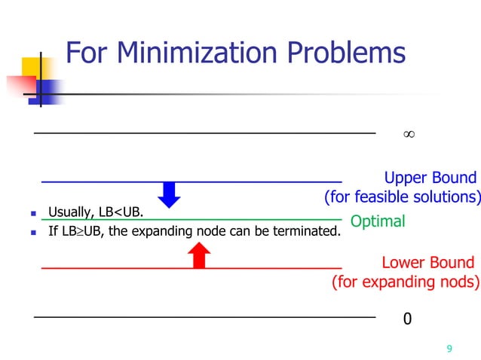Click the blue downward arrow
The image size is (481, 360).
[x=171, y=194]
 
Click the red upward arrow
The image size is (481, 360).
[x=198, y=256]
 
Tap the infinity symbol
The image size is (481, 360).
[x=408, y=134]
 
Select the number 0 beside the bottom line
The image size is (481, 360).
[x=407, y=319]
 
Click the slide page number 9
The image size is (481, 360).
[x=449, y=349]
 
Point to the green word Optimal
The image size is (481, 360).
[x=378, y=221]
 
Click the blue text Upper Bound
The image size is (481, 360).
[x=430, y=178]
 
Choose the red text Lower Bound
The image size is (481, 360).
[x=427, y=263]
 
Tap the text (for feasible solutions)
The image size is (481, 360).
[x=402, y=198]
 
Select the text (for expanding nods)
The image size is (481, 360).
[x=406, y=282]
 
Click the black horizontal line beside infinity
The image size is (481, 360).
[x=204, y=133]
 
